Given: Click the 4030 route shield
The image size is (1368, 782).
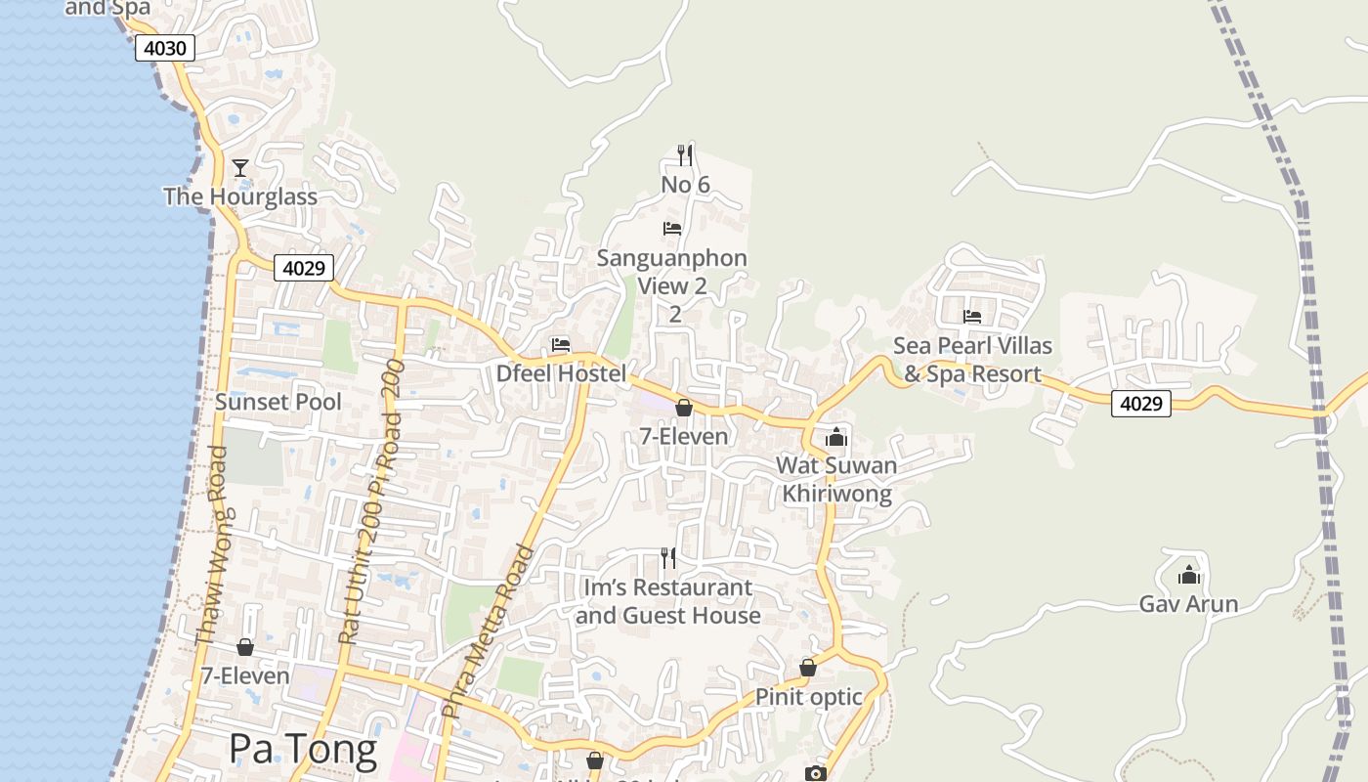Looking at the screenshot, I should (x=165, y=48).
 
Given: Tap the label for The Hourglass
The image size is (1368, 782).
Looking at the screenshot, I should (x=240, y=196).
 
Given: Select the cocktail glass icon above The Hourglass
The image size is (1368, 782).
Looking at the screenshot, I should (x=240, y=168).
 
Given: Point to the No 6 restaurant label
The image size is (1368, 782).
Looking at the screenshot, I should (x=685, y=185).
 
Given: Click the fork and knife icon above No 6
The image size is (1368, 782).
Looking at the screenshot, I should (x=685, y=154).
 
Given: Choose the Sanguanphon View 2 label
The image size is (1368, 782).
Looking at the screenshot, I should (x=672, y=272).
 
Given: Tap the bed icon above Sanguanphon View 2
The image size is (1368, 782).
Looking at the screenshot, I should (x=672, y=229).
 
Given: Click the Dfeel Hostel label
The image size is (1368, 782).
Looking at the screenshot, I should (x=561, y=373).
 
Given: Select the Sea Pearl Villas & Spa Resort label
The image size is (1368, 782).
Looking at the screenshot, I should (x=973, y=360).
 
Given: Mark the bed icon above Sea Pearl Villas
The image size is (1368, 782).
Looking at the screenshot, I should (x=972, y=316).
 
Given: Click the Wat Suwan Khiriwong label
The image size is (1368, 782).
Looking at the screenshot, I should (x=836, y=479).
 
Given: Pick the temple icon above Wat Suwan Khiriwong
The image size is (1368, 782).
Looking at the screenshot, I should (x=836, y=437).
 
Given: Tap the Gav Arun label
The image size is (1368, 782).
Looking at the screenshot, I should (x=1188, y=604).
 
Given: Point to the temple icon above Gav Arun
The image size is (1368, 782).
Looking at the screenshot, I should (x=1188, y=575).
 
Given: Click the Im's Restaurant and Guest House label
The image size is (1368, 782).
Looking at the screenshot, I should (x=668, y=601).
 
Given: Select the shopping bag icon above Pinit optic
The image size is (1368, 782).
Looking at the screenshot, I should (x=808, y=668).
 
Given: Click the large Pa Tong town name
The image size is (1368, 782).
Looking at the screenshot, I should (x=303, y=749).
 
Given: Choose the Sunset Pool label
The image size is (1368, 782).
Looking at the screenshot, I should (x=278, y=402).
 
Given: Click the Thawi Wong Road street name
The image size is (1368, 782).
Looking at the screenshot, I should (x=211, y=545).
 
